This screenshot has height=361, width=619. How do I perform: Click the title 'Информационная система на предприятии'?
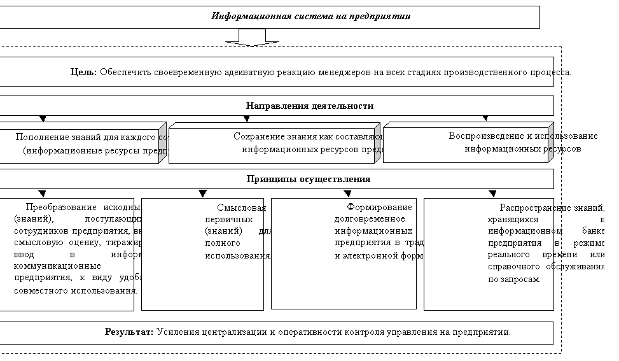pyautogui.click(x=310, y=17)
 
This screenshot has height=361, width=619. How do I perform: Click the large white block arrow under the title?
pyautogui.click(x=252, y=39)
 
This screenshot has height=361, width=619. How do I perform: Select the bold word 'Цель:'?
pyautogui.click(x=83, y=72)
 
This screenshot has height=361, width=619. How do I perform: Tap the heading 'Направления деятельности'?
pyautogui.click(x=309, y=106)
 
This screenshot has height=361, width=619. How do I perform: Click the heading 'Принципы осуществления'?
pyautogui.click(x=309, y=179)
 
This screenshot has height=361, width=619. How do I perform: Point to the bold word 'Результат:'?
pyautogui.click(x=129, y=332)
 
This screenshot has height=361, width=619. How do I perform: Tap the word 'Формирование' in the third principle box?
pyautogui.click(x=379, y=207)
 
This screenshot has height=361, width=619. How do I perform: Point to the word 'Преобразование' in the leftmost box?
pyautogui.click(x=60, y=207)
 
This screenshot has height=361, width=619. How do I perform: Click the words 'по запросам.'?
pyautogui.click(x=514, y=280)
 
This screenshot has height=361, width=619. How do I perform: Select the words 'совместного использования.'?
pyautogui.click(x=75, y=290)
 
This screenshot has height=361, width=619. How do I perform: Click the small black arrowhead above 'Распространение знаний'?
pyautogui.click(x=492, y=194)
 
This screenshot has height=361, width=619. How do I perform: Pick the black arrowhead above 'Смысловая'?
pyautogui.click(x=203, y=194)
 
